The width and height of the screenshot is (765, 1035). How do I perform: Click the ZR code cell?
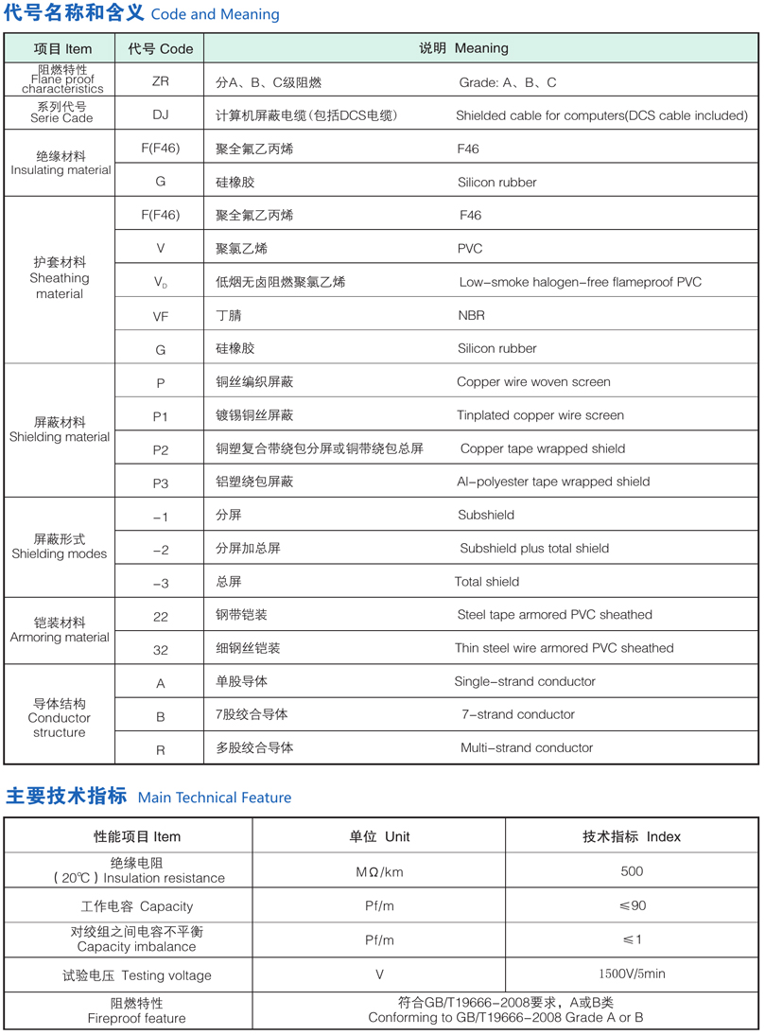(x=160, y=81)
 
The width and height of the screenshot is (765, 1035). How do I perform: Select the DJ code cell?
(x=160, y=115)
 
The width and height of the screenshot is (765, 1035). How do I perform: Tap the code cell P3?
(x=160, y=482)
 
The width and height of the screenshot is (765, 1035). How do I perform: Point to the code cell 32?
(x=160, y=649)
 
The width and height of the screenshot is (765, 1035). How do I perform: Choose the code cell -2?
(x=160, y=550)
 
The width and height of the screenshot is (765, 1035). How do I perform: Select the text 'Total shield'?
(x=487, y=582)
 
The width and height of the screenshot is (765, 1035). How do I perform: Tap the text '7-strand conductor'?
(x=517, y=714)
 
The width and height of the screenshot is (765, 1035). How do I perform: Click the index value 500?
(x=632, y=871)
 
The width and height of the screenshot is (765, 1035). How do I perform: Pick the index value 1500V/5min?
(x=632, y=974)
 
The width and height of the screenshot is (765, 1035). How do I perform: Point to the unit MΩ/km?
(x=379, y=871)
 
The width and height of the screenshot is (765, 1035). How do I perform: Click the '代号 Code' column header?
(x=160, y=48)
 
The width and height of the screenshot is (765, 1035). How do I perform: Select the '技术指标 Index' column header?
(x=632, y=836)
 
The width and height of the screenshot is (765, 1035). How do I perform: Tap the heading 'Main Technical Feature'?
(x=215, y=798)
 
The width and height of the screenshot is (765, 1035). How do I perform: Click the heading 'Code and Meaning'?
(x=215, y=14)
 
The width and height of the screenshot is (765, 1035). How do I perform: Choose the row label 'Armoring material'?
(x=60, y=638)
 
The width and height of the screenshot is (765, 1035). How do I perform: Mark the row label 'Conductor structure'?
(x=60, y=725)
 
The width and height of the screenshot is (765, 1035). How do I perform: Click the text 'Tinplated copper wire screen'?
(x=540, y=415)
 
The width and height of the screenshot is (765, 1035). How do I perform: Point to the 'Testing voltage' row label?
(x=137, y=975)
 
